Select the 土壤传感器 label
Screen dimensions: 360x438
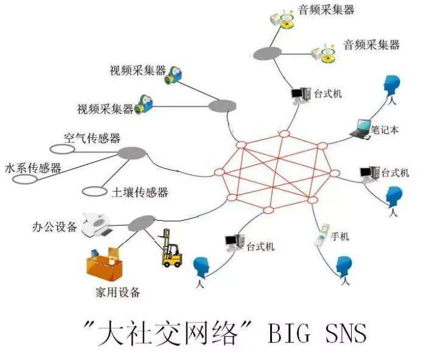pos(140,192)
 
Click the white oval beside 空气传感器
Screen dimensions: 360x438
pos(62,149)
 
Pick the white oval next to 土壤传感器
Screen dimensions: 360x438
pos(94,192)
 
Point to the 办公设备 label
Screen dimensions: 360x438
pos(55,227)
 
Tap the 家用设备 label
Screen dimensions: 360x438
pos(117,292)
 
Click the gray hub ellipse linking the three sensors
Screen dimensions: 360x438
pos(132,153)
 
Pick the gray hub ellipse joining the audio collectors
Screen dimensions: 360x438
pos(267,53)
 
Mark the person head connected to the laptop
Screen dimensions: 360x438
pos(391,86)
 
